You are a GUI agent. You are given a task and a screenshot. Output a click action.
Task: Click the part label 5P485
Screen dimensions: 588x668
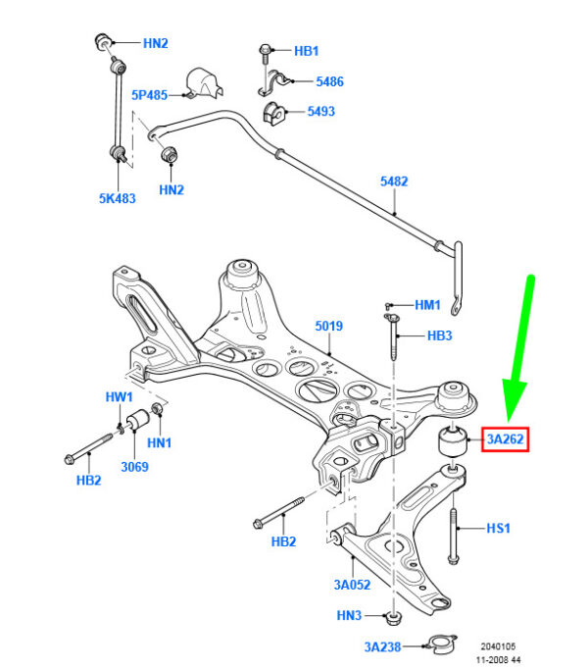[x=149, y=95]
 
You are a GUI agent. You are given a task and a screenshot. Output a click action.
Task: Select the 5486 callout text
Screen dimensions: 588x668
[x=329, y=81]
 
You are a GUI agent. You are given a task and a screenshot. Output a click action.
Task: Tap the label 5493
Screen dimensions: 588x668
[x=321, y=111]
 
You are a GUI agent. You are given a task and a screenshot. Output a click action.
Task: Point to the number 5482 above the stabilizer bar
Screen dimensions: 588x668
[x=394, y=181]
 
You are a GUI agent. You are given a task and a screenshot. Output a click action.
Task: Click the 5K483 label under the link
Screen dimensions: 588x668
[x=117, y=198]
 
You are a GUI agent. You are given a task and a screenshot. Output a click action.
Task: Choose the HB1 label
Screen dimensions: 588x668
[x=306, y=51]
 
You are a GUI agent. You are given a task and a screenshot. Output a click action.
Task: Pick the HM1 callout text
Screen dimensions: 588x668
[x=427, y=305]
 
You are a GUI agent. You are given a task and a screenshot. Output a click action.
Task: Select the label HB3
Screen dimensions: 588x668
[x=439, y=335]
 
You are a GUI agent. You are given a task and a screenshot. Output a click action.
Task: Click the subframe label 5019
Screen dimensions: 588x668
[x=328, y=326]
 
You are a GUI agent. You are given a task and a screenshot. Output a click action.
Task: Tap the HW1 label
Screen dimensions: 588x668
[x=119, y=397]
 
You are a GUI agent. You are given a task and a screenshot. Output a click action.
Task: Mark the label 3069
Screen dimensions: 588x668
[x=134, y=467]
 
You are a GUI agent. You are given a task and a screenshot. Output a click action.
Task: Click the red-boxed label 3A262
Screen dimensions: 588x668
[x=505, y=439]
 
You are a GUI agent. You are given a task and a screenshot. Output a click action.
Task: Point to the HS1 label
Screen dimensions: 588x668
[x=498, y=529]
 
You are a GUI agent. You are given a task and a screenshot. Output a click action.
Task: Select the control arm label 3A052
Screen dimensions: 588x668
[x=352, y=585]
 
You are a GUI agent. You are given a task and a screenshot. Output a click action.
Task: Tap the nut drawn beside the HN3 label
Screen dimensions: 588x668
[x=393, y=618]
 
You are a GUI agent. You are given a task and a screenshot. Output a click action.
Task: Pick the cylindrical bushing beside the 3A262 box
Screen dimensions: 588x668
[x=453, y=440]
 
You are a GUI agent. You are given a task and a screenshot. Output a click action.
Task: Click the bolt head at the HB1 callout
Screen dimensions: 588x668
[x=265, y=50]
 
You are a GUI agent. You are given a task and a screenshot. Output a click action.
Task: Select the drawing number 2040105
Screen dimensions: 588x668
[x=498, y=646]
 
